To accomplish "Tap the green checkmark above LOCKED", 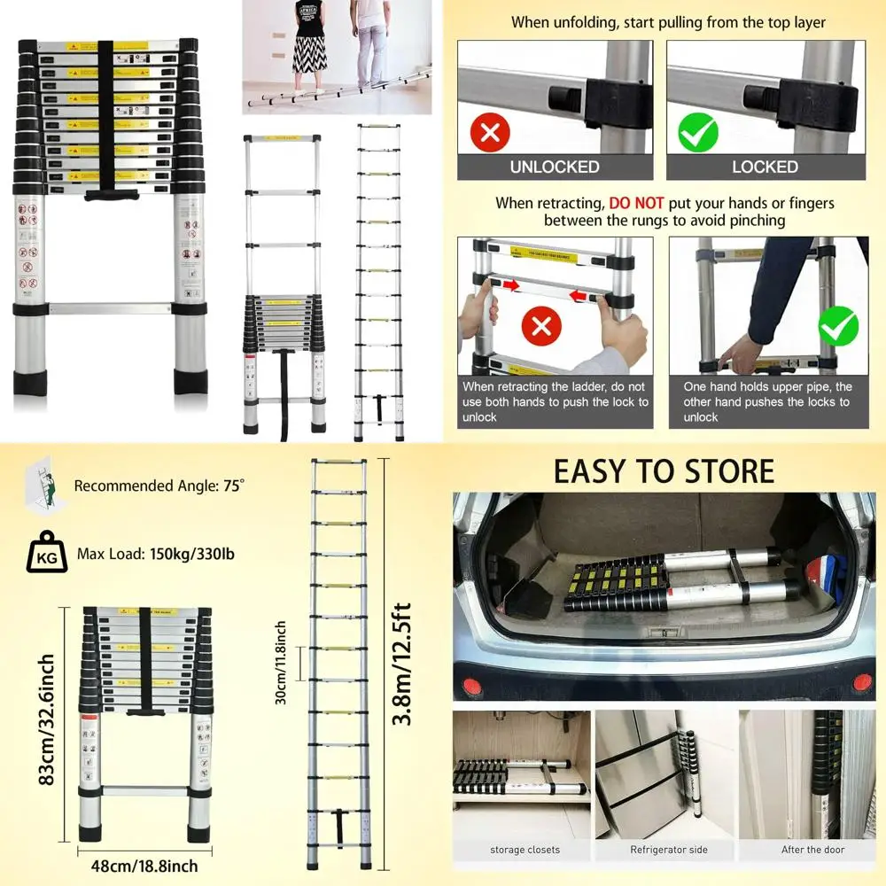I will [x=698, y=134].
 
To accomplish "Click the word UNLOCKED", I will [x=555, y=167].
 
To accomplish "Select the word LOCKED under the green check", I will [x=765, y=167].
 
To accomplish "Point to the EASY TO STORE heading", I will [x=664, y=471].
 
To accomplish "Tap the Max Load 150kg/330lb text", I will [x=156, y=555].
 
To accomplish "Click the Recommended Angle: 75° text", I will [x=159, y=486].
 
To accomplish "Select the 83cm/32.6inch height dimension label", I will [x=48, y=719].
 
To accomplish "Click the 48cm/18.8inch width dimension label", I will [x=137, y=866].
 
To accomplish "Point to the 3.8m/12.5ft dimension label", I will [x=403, y=664].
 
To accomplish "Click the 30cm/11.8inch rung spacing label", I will [x=280, y=663].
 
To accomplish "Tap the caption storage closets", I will [x=525, y=850].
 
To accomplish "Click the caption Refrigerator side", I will [x=669, y=850].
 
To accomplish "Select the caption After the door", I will [x=813, y=850].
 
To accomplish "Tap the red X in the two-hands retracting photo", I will [x=542, y=327].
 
